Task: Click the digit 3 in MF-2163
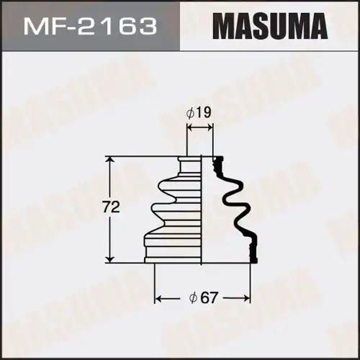pos(148,27)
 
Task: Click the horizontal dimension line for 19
pos(200,127)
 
